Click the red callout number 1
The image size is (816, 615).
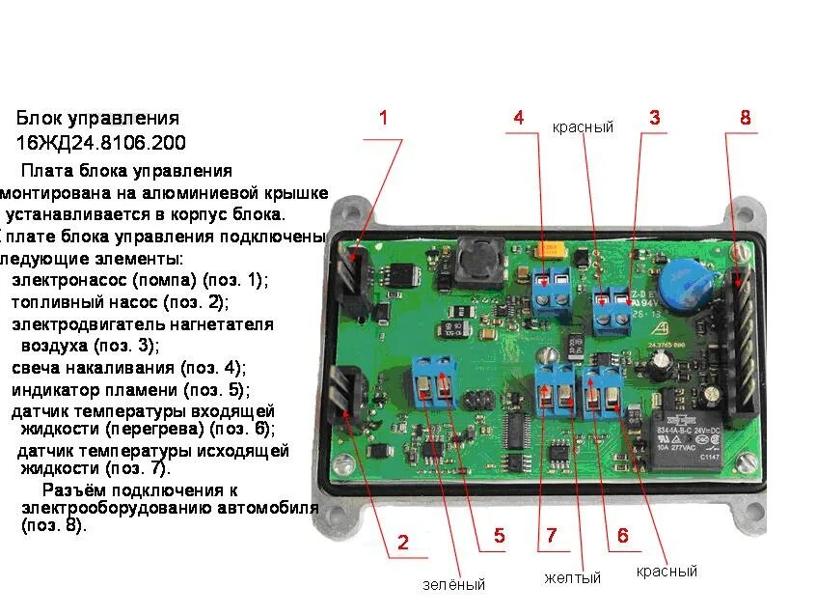pos(383,119)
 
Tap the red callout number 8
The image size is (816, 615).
pos(745,118)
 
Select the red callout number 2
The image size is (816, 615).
pos(402,541)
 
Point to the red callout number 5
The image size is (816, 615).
pos(499,536)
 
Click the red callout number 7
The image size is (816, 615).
pos(551,536)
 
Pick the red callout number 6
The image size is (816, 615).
pos(622,536)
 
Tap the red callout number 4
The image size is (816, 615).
pos(519,119)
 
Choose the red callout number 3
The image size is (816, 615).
pos(654,119)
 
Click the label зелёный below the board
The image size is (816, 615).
pos(453,584)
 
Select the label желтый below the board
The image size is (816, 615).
pos(572,577)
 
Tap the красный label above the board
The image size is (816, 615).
pos(583,127)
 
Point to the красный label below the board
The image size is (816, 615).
pos(666,572)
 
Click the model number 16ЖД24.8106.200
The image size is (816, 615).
pos(100,143)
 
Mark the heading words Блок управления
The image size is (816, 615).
pos(97,119)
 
